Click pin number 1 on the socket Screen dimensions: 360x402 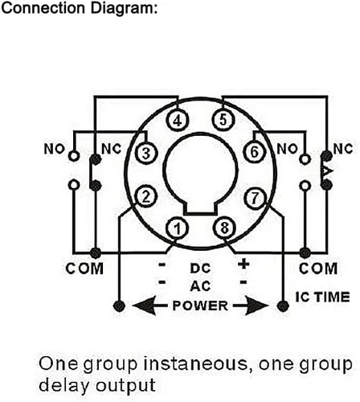click(178, 228)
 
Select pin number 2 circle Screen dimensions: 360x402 click(145, 197)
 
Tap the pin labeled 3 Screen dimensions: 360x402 click(146, 154)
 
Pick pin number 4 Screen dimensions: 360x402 click(178, 120)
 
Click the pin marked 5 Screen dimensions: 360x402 click(223, 119)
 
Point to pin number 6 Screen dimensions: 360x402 click(255, 151)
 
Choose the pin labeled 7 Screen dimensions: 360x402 click(255, 199)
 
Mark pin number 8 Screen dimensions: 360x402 click(224, 228)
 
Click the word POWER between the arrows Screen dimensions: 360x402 click(200, 306)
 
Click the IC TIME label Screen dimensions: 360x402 click(322, 297)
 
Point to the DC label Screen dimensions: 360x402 click(200, 269)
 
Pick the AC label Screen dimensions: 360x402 click(200, 286)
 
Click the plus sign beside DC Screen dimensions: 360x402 click(243, 265)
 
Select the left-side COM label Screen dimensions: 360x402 click(84, 269)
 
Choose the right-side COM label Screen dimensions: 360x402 click(318, 269)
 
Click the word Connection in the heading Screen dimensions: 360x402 click(43, 8)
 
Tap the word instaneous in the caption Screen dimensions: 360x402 click(198, 364)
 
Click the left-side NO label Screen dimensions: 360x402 click(55, 149)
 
